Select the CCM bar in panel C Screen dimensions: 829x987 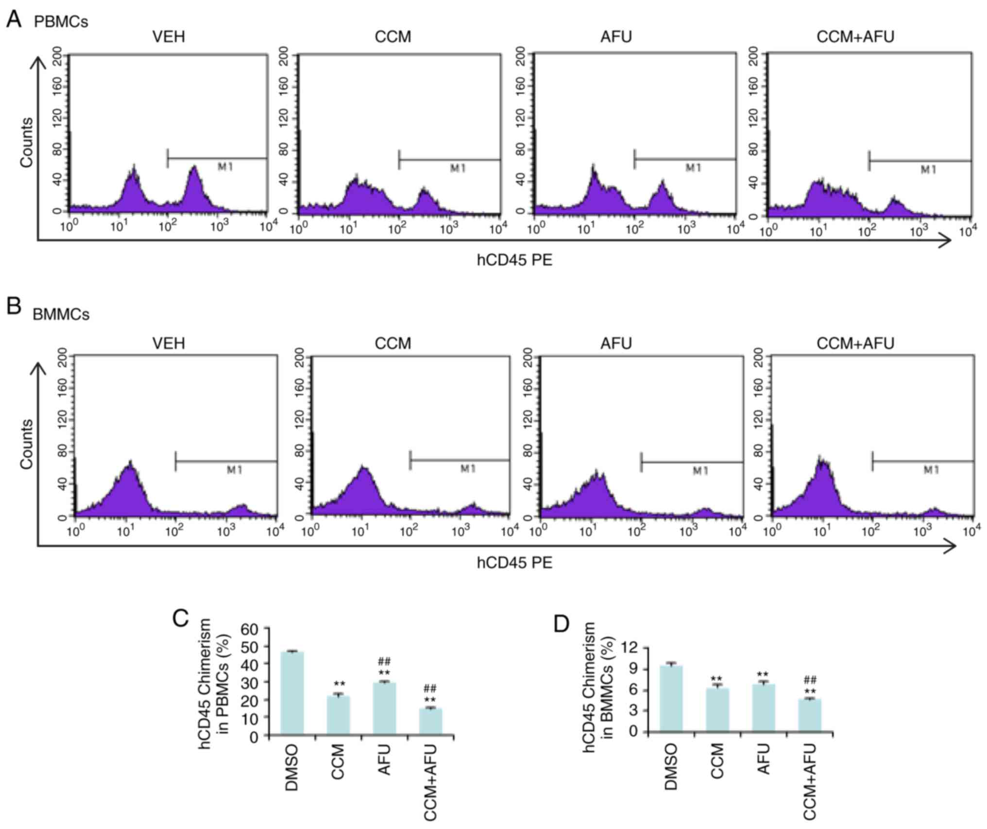[x=338, y=716]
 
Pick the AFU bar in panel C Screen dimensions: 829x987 [x=384, y=709]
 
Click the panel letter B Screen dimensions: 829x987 [x=14, y=307]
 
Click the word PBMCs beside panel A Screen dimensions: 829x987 [x=61, y=22]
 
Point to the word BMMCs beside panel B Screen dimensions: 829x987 [x=61, y=315]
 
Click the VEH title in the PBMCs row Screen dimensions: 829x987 [x=169, y=37]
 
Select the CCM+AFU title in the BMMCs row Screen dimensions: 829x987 [x=855, y=344]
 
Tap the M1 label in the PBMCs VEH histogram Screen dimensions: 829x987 [x=225, y=167]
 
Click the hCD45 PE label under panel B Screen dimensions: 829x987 [x=514, y=563]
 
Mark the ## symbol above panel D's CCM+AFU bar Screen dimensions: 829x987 [x=810, y=680]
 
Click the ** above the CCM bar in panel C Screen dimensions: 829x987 [x=339, y=684]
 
